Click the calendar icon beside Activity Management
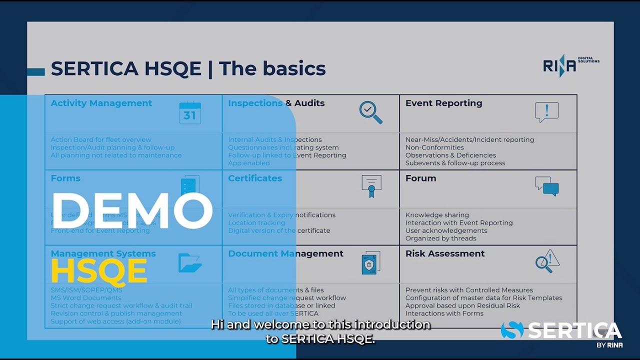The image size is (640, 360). pos(190,112)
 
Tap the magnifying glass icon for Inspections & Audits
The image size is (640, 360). pos(370,112)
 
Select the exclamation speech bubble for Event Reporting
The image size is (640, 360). pos(546,112)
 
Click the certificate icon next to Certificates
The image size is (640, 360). pos(371,186)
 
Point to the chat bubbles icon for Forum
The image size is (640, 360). pos(546,186)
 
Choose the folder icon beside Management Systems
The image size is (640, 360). pos(190,262)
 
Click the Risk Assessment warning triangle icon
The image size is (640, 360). pos(547,261)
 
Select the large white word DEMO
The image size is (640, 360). pos(132,210)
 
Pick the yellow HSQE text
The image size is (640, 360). pos(99,271)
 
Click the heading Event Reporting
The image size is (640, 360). pos(443,103)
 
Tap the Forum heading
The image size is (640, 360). pos(420,178)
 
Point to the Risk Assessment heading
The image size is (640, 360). pos(445,253)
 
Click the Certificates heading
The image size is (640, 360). pos(255,178)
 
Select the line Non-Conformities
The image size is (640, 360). pos(434,147)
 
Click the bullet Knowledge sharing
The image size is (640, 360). pos(437,215)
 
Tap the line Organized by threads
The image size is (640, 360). pos(440,238)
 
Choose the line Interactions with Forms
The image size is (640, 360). pos(444,313)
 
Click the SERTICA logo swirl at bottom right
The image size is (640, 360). pos(512,330)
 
